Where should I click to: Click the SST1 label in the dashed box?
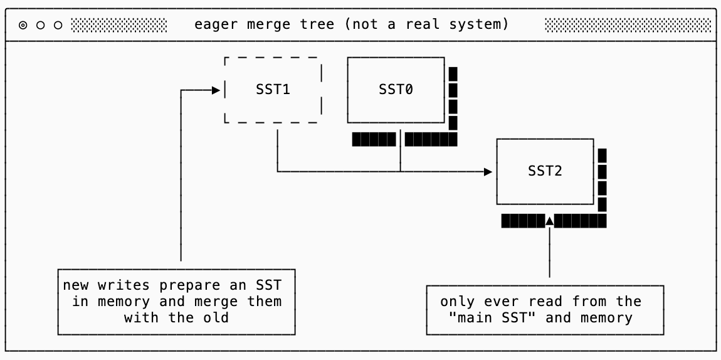[x=273, y=89]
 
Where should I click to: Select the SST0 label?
[x=396, y=89]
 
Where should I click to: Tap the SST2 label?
[x=545, y=171]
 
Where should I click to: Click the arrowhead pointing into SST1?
[x=216, y=90]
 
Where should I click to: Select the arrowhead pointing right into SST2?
[x=488, y=171]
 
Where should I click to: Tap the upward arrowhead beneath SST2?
[x=550, y=220]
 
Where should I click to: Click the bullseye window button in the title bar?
[x=23, y=26]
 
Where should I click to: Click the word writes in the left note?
[x=120, y=285]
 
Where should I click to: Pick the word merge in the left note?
[x=228, y=302]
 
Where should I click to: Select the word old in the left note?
[x=217, y=317]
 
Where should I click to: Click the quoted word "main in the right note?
[x=470, y=317]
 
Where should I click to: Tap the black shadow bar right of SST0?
[x=453, y=98]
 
